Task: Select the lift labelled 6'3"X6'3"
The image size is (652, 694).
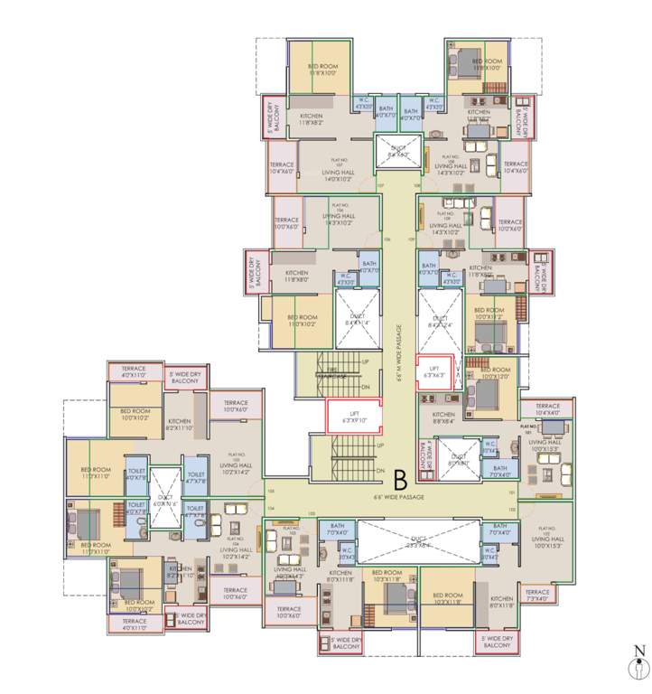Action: pos(433,372)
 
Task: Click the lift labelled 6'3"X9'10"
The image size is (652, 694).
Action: pos(352,417)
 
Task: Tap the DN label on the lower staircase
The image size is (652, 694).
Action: pos(380,472)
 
